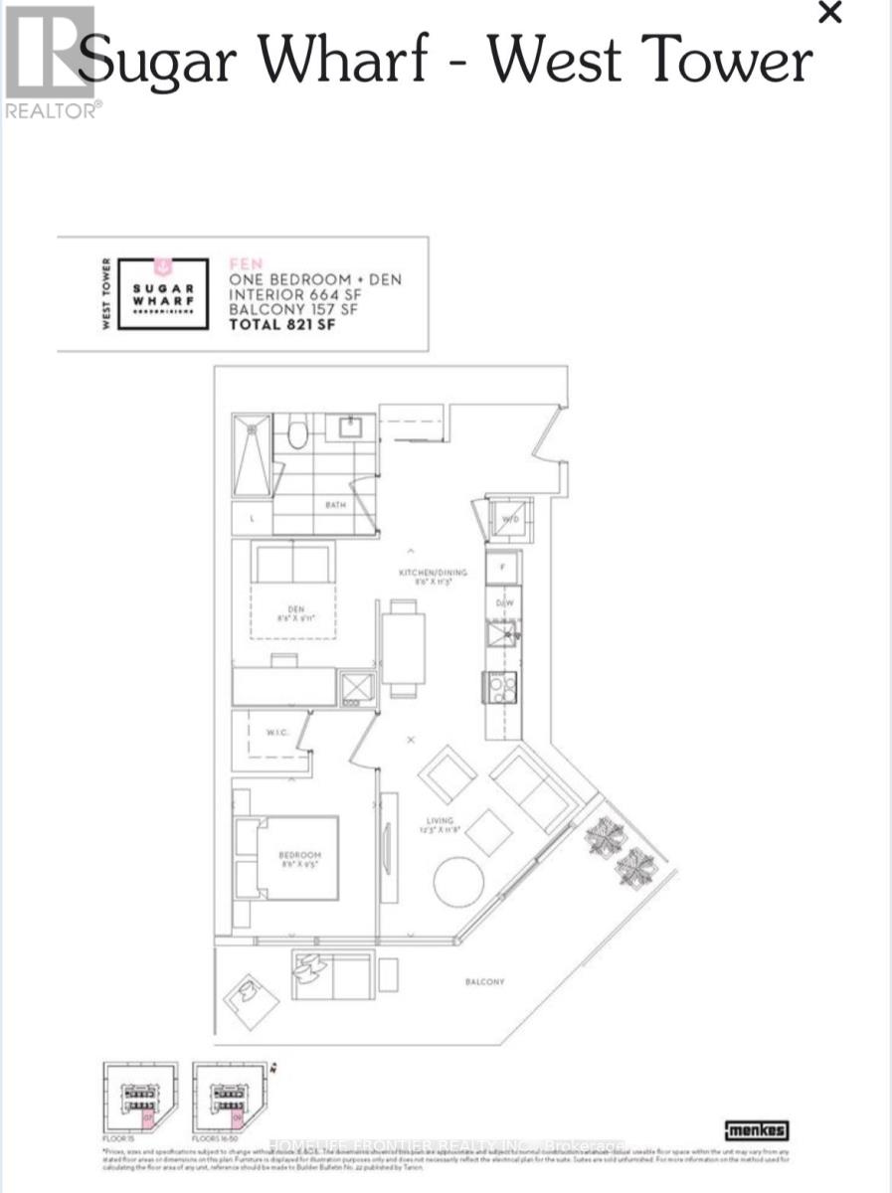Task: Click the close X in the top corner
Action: click(828, 13)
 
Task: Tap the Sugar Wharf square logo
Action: click(164, 294)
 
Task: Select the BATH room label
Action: click(335, 505)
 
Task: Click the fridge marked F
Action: click(502, 567)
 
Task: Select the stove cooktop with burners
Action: click(500, 686)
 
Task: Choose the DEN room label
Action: click(295, 609)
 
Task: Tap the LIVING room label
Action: click(434, 821)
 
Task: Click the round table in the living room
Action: click(458, 882)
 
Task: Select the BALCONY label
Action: click(484, 982)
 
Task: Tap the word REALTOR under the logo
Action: click(52, 110)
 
